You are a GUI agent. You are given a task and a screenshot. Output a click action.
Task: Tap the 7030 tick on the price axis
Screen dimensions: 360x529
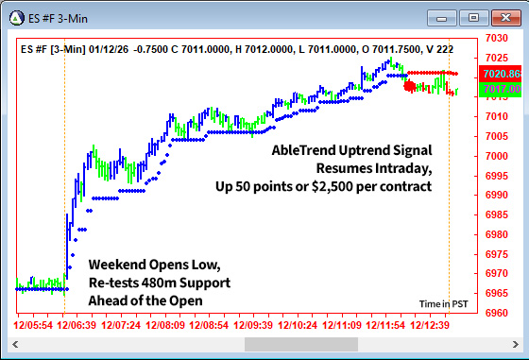498,38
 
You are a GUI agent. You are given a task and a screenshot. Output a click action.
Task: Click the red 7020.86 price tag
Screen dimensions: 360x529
502,74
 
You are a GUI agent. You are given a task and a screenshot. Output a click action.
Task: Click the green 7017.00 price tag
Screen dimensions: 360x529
502,89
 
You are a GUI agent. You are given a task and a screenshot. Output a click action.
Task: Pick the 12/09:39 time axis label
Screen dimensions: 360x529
253,324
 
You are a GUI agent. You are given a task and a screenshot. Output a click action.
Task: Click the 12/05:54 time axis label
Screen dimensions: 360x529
33,324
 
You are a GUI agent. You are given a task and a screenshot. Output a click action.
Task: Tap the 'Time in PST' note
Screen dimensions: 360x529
443,303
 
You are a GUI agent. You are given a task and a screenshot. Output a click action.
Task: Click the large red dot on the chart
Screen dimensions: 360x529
409,86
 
